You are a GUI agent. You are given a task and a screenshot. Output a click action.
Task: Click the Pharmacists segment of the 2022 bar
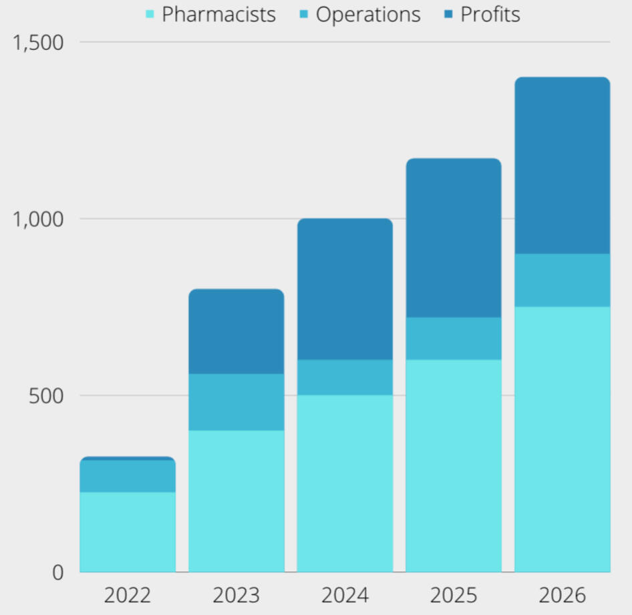(x=128, y=531)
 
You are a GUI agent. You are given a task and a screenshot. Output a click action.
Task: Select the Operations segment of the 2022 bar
(x=128, y=476)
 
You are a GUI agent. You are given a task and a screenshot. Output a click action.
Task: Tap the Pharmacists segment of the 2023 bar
(x=236, y=501)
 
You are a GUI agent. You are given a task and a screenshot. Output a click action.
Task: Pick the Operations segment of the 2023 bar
(x=236, y=402)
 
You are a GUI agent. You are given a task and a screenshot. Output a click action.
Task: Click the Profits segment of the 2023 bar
(x=236, y=332)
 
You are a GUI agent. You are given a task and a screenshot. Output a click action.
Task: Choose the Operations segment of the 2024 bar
(x=345, y=377)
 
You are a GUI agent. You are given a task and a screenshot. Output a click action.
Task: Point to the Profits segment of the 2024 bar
(x=345, y=289)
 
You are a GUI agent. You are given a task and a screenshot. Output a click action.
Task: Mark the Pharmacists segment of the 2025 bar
(x=454, y=465)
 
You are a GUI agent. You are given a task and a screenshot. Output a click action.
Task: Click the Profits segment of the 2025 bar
(x=454, y=238)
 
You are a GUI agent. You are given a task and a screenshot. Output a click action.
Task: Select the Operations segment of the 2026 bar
(x=562, y=280)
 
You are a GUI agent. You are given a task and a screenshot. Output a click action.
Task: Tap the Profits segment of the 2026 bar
(x=562, y=166)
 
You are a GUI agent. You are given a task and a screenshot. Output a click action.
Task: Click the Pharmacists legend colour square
(x=150, y=14)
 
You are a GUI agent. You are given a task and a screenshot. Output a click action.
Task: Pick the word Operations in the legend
(x=368, y=15)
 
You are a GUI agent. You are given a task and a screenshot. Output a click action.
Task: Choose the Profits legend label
(x=490, y=15)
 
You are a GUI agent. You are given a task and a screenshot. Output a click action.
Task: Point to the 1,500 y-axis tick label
(x=39, y=42)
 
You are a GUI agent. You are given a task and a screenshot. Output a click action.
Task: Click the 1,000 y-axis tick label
(x=39, y=219)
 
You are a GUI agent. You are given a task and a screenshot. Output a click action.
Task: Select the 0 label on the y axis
(x=57, y=572)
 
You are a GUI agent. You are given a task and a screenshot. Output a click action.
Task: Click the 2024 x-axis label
(x=345, y=595)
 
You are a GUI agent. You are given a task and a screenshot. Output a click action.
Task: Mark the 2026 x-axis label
(x=562, y=595)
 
